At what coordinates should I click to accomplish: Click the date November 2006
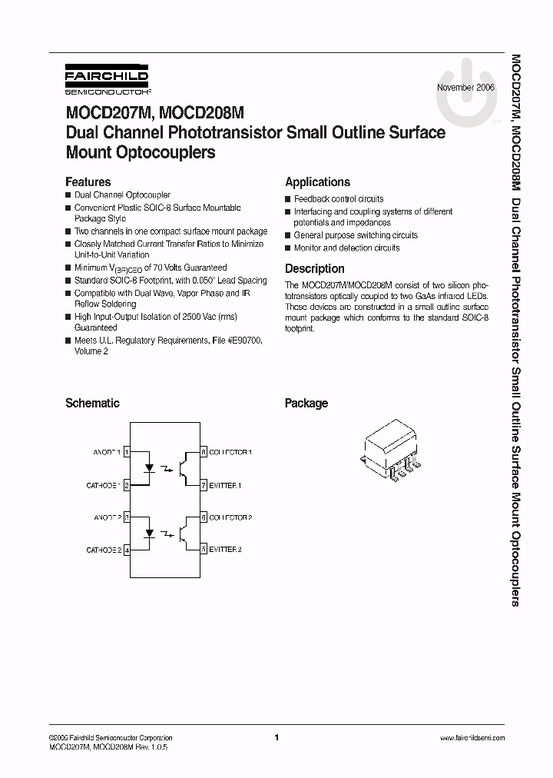point(465,88)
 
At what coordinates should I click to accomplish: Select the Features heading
point(88,182)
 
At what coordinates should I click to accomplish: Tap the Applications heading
point(317,182)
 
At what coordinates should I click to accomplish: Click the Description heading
point(314,269)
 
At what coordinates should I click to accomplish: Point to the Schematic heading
point(92,403)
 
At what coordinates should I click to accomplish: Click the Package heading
point(306,403)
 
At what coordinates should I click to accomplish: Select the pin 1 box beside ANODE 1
point(127,452)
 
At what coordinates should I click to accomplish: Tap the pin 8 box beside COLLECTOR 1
point(204,452)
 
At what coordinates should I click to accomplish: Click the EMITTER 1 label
point(226,486)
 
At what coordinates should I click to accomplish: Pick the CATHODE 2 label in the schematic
point(103,550)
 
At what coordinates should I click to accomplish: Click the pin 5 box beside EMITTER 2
point(204,550)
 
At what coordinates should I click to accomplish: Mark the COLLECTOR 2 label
point(230,517)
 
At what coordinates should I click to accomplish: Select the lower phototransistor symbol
point(185,533)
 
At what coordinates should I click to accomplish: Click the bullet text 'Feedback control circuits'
point(338,198)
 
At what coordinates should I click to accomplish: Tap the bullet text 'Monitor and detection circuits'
point(346,248)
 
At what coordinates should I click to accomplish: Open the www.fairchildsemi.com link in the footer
point(472,737)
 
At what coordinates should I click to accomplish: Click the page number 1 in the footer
point(276,737)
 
